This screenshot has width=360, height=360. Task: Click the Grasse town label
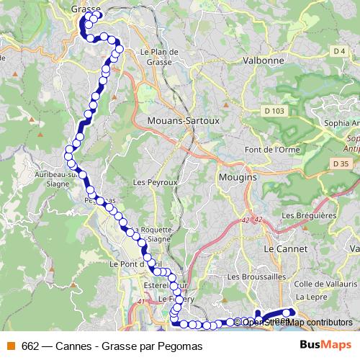click(86, 9)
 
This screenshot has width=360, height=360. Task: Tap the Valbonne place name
click(264, 61)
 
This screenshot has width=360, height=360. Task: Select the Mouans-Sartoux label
click(183, 120)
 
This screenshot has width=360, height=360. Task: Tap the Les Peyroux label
click(155, 183)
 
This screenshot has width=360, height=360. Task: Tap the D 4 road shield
click(339, 50)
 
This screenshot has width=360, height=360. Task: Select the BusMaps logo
click(322, 346)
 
